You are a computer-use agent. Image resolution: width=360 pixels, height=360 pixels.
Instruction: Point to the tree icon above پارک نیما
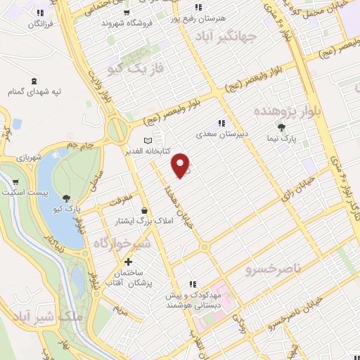pyautogui.click(x=281, y=127)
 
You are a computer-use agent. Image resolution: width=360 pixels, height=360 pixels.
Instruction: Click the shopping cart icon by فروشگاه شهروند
pyautogui.click(x=125, y=13)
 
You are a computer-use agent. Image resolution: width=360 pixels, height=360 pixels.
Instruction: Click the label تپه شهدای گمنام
pyautogui.click(x=35, y=92)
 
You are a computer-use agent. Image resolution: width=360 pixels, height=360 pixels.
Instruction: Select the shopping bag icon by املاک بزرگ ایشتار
pyautogui.click(x=145, y=210)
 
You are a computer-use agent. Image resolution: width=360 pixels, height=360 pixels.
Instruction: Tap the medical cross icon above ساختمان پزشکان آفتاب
pyautogui.click(x=127, y=262)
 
